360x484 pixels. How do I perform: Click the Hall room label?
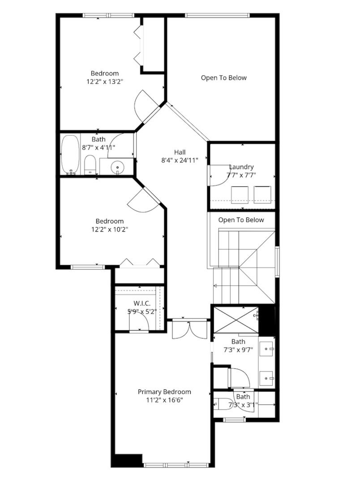(x=180, y=152)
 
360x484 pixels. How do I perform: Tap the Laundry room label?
(x=241, y=167)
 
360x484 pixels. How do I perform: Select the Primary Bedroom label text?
(x=164, y=392)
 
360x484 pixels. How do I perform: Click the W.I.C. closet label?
(x=142, y=303)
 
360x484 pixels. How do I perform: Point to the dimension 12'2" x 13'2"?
(x=105, y=82)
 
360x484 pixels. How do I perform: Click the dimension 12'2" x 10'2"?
(x=110, y=229)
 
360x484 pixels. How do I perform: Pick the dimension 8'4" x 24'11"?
(x=180, y=160)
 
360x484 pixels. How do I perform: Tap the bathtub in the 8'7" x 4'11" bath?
(x=70, y=155)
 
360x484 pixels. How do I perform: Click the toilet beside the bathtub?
(x=90, y=165)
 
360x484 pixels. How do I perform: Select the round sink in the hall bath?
(x=117, y=167)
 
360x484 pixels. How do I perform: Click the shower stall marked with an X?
(x=236, y=320)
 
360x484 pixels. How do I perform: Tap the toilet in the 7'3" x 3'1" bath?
(x=221, y=404)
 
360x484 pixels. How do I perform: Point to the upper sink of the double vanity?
(x=266, y=349)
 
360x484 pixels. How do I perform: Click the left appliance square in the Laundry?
(x=240, y=195)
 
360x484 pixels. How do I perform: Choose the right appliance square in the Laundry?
(x=262, y=195)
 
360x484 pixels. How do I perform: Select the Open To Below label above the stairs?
(x=241, y=220)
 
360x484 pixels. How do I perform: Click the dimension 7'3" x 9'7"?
(x=238, y=350)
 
